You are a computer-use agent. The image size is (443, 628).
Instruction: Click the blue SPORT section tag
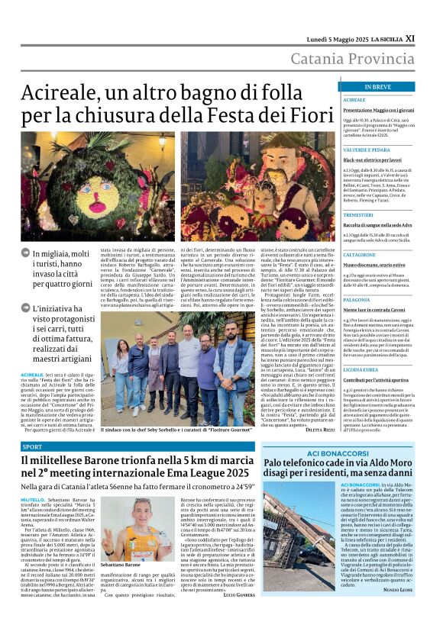[x=33, y=446]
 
